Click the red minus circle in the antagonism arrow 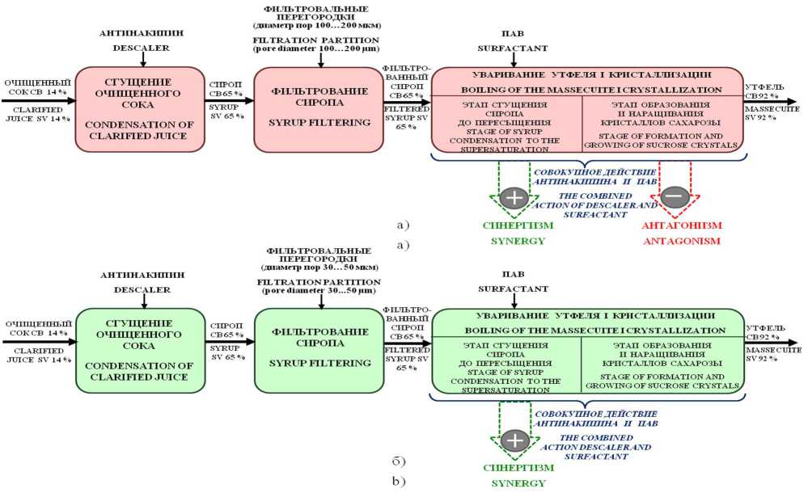(675, 196)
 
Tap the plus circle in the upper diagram (513, 196)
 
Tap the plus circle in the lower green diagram (513, 440)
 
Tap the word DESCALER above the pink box (142, 48)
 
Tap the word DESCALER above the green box (142, 289)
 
